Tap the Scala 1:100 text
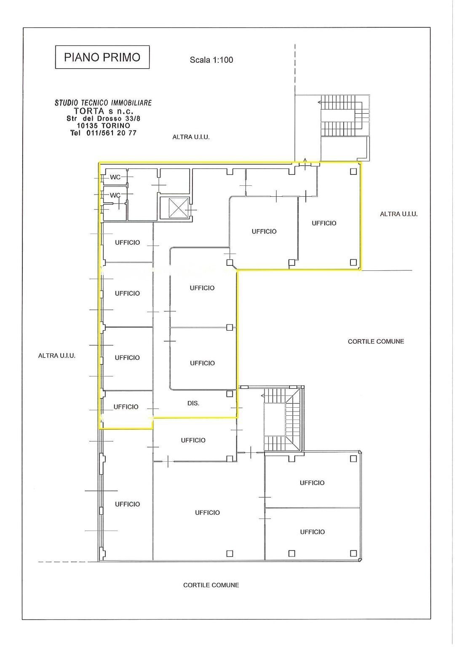211,60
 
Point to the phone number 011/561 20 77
111,133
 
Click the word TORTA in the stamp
89,111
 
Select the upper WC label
115,177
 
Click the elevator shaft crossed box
174,208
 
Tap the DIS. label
193,403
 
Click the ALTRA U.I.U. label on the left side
56,356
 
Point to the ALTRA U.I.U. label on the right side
398,214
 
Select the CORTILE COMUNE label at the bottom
211,585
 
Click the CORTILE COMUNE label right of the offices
376,342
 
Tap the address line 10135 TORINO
104,126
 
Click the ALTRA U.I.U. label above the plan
191,137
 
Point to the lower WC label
115,195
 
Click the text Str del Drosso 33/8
104,118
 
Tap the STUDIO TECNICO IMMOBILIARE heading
103,103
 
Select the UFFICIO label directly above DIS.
202,363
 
